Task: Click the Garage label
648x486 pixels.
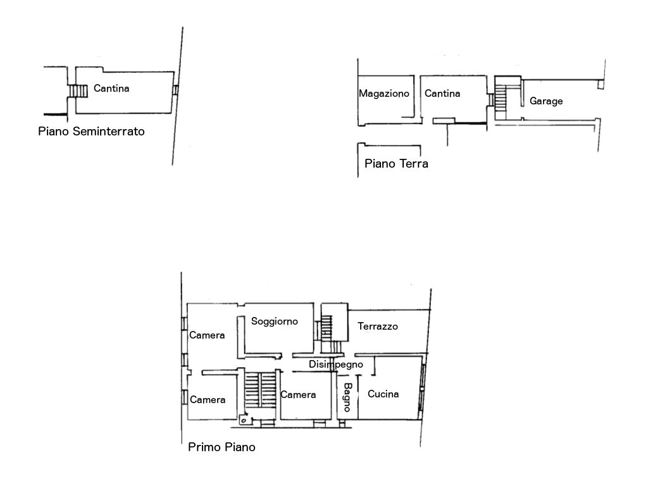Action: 546,101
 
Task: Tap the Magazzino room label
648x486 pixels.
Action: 384,94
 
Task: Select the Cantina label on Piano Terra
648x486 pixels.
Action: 442,94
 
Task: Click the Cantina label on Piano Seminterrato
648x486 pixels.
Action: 111,89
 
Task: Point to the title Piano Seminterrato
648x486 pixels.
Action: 91,132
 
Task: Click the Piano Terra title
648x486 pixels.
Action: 397,164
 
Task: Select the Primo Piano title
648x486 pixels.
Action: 221,447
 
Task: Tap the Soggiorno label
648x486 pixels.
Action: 274,321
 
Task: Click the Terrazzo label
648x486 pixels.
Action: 378,327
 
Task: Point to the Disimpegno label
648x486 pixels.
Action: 335,364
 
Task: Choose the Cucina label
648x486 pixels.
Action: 383,394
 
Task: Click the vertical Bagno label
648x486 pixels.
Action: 347,397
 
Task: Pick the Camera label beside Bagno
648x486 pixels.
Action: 298,395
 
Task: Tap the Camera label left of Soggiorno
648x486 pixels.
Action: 207,335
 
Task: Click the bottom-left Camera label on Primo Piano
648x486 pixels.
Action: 208,400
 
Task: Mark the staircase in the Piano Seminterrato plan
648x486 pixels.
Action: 78,92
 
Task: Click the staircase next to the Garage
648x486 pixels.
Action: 502,98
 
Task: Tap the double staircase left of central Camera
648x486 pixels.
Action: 259,390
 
